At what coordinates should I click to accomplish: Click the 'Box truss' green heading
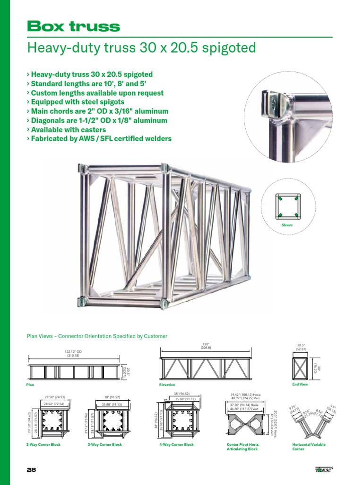[73, 26]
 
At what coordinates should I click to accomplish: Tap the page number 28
[31, 470]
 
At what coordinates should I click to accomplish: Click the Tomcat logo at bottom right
[323, 470]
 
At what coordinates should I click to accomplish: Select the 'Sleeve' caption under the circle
[287, 225]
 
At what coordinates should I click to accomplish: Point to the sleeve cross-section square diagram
[287, 206]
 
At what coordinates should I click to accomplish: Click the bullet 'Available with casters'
[68, 130]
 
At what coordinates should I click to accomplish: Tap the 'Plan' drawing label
[30, 385]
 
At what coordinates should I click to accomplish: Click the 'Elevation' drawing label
[167, 385]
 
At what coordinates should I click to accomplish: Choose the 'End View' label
[300, 385]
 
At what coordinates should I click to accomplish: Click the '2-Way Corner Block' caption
[43, 445]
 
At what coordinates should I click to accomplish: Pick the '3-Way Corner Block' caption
[105, 445]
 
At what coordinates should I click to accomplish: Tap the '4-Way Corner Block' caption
[176, 445]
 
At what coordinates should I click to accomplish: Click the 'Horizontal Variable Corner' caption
[309, 447]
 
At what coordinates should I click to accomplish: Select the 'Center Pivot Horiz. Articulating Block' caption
[242, 447]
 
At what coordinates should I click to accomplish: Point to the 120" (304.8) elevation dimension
[206, 346]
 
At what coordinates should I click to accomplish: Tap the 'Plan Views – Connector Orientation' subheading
[97, 336]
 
